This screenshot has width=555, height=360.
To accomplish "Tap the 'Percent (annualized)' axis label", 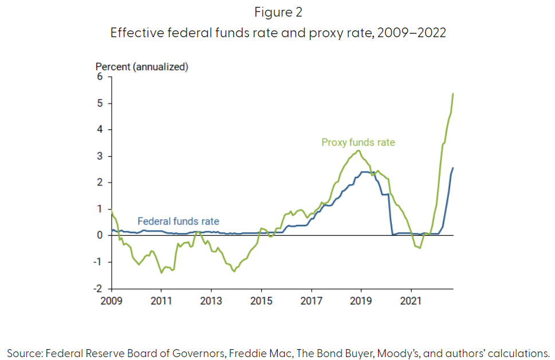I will click(x=142, y=67).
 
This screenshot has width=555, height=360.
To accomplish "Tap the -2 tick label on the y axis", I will click(x=99, y=288).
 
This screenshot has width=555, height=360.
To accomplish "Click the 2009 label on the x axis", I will click(x=111, y=300).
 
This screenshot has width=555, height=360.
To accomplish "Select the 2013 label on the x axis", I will click(x=211, y=300).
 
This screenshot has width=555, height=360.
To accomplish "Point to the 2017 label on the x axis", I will click(x=311, y=300).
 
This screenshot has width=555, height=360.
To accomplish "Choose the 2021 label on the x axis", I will click(x=411, y=300).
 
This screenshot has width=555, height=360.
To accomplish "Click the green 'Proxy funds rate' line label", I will click(x=358, y=143).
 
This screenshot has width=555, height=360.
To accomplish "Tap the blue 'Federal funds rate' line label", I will click(x=178, y=221).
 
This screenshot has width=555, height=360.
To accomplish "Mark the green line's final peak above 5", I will click(x=453, y=94).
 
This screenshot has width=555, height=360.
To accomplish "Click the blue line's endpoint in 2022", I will click(x=453, y=168).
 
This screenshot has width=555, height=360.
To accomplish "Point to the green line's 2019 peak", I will click(x=358, y=151).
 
